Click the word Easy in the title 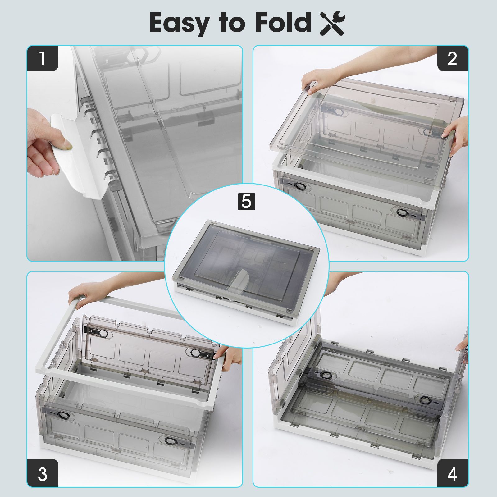pyautogui.click(x=179, y=23)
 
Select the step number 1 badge pyautogui.click(x=43, y=58)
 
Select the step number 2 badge pyautogui.click(x=453, y=58)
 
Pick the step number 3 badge pyautogui.click(x=43, y=474)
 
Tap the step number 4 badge pyautogui.click(x=453, y=474)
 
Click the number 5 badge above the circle pyautogui.click(x=246, y=202)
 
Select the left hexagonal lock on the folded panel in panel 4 pyautogui.click(x=326, y=375)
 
